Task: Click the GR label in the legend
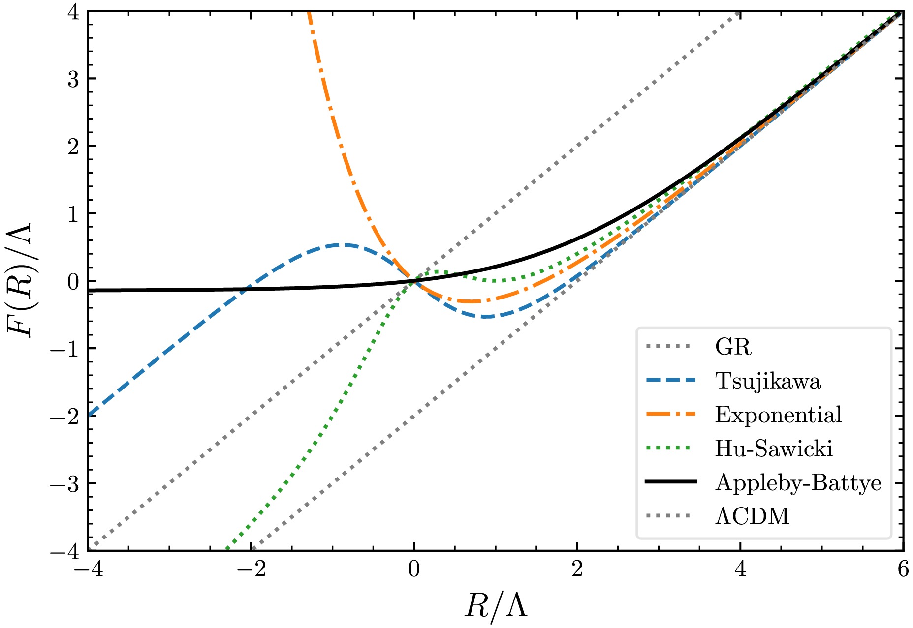click(733, 347)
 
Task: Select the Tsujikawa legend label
click(768, 381)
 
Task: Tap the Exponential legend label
click(778, 415)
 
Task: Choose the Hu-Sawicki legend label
click(774, 449)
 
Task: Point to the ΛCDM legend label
click(752, 516)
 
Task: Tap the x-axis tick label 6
click(903, 569)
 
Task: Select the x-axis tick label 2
click(577, 569)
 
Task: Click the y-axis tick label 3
click(74, 79)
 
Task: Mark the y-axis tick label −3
click(66, 483)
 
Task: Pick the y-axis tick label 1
click(74, 214)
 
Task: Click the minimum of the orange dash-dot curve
click(472, 301)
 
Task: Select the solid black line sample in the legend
click(670, 482)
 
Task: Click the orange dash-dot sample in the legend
click(670, 415)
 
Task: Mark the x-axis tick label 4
click(740, 569)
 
